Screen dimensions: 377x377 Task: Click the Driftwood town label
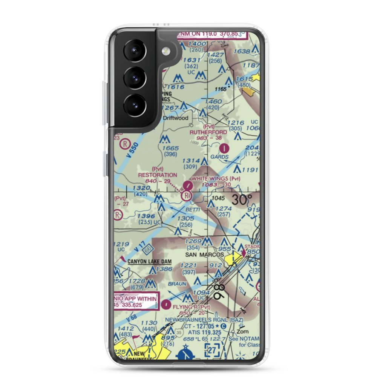[x=176, y=118]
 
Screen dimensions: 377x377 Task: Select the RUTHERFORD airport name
[x=208, y=132]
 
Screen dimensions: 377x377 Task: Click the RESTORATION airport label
[x=157, y=175]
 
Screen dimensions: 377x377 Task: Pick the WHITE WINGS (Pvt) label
[x=216, y=178]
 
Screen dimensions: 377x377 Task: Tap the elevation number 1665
[x=170, y=148]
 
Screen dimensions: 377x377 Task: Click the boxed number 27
[x=212, y=350]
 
